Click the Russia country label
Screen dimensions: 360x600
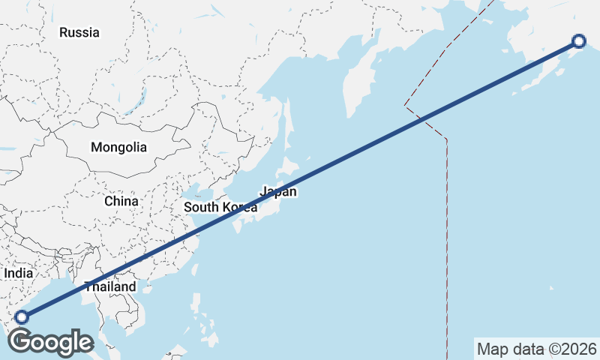pos(79,32)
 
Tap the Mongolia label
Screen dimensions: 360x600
pos(118,148)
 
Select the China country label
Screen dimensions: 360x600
pos(121,201)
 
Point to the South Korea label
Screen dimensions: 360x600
pos(220,207)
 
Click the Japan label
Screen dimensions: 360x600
pos(279,191)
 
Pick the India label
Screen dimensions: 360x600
pos(18,274)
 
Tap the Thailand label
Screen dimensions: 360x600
pos(110,286)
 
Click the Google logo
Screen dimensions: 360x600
pos(50,341)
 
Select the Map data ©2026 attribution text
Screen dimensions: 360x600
pos(537,349)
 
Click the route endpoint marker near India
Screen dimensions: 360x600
pos(21,317)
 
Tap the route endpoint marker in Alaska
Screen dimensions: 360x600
pos(578,41)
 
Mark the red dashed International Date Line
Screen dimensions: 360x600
pos(447,225)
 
